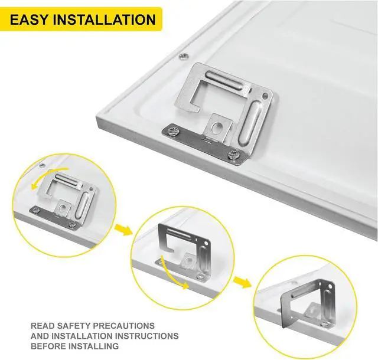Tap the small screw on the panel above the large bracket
pyautogui.click(x=181, y=57)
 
